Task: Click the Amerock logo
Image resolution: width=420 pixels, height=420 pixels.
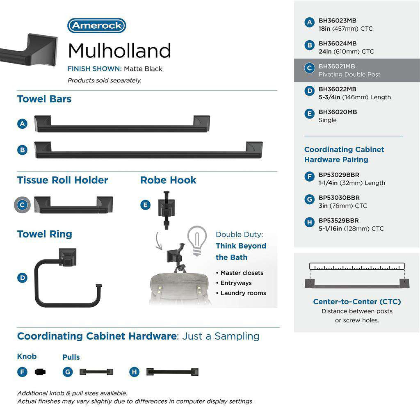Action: coord(96,25)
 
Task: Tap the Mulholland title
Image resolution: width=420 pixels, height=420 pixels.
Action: coord(119,51)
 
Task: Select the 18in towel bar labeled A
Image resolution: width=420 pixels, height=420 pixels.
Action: coord(122,124)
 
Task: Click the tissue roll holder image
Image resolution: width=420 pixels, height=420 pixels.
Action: coord(73,205)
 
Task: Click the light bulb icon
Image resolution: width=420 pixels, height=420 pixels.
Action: coord(196,241)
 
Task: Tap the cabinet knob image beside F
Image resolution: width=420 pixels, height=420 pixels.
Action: coord(41,372)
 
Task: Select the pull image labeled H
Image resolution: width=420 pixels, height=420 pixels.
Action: coord(173,372)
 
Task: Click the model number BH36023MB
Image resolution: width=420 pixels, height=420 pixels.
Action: coord(338,21)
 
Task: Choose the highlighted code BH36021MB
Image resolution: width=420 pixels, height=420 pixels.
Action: coord(337,66)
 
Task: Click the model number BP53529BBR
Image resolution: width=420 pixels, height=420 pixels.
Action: coord(338,221)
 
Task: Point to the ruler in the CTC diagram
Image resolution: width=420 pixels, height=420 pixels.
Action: coord(357,266)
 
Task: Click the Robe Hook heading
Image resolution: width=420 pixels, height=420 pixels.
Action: coord(168,180)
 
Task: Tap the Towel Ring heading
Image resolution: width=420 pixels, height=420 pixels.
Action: coord(45,234)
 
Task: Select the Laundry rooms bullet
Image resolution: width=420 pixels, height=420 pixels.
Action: coord(243,293)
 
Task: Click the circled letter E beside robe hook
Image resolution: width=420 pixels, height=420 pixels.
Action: coord(145,205)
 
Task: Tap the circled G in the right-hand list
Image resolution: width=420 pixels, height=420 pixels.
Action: coord(310,200)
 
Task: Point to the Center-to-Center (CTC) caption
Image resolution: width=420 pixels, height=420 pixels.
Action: coord(357,302)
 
